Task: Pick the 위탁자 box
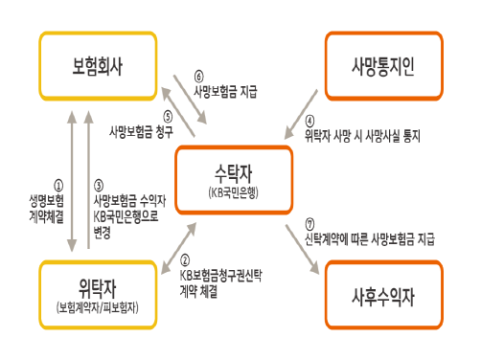coord(98,289)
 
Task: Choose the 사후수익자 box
coord(383,289)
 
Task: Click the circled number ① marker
coord(57,188)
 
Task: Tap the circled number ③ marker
coord(99,188)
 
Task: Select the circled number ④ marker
coord(309,122)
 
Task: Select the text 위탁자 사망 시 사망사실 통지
coord(362,136)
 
